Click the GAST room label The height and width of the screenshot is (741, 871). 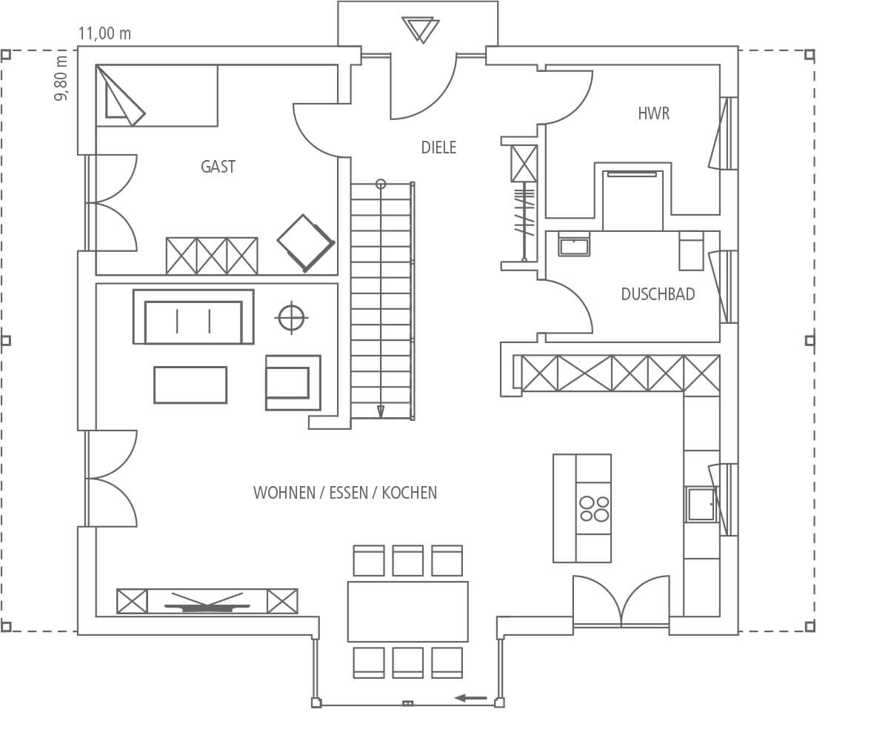(x=218, y=166)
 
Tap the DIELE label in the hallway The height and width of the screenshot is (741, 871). (x=438, y=147)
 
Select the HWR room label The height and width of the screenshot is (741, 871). (x=653, y=113)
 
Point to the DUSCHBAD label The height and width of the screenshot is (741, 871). (x=658, y=294)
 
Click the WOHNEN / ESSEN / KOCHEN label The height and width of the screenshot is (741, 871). (x=345, y=493)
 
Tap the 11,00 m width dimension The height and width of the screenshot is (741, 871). (x=104, y=33)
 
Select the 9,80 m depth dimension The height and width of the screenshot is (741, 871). (x=61, y=78)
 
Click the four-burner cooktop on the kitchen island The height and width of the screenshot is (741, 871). (x=594, y=508)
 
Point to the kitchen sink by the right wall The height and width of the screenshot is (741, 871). (x=701, y=504)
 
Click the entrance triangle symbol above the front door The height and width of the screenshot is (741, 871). (x=421, y=30)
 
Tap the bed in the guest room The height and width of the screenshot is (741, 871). (x=157, y=96)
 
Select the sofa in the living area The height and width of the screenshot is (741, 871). (x=193, y=316)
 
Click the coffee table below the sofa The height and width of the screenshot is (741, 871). (x=190, y=385)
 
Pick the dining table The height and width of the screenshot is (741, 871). (x=407, y=611)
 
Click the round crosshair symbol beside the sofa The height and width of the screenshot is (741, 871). (x=291, y=318)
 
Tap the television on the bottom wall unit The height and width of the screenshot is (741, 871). (x=207, y=604)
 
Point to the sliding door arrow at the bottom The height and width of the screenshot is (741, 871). (x=471, y=698)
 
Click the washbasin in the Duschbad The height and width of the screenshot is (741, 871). (x=574, y=244)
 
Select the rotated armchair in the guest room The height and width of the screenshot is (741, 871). (x=305, y=243)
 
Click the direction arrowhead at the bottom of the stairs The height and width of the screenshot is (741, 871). (x=381, y=411)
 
